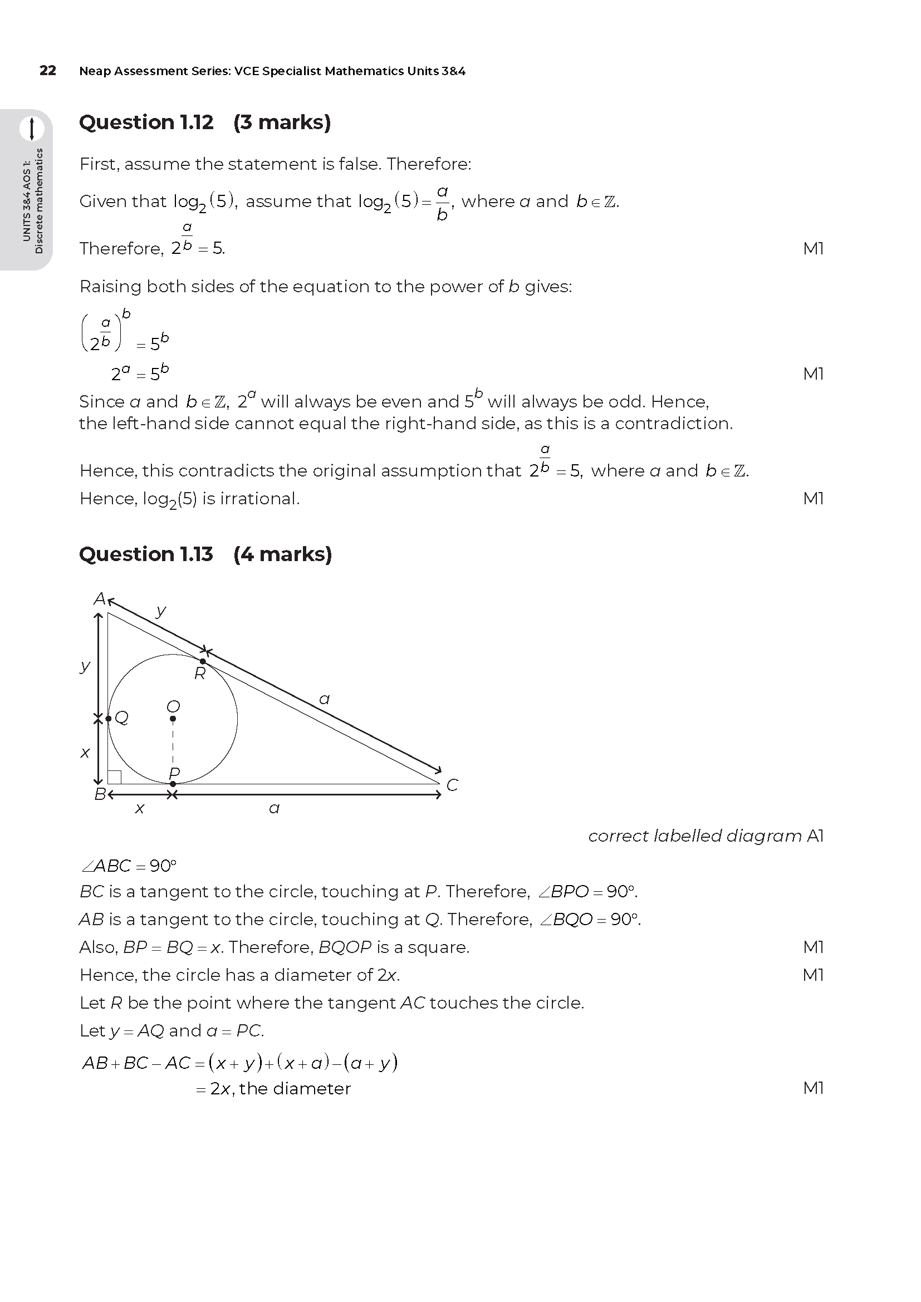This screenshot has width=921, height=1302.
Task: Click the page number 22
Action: (48, 70)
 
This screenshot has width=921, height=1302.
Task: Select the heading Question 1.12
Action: (146, 122)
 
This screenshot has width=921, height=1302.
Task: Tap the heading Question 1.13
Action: (146, 554)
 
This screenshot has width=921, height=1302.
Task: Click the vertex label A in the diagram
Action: (99, 599)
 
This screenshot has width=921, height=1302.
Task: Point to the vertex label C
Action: (452, 785)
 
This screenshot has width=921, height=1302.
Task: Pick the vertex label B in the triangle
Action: (99, 794)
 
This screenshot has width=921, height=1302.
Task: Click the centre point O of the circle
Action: (173, 719)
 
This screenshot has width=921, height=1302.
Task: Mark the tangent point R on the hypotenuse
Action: (203, 661)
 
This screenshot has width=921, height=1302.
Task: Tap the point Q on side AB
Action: (109, 719)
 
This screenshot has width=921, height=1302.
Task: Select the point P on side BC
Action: (173, 784)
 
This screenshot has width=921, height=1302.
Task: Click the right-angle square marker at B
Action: (115, 777)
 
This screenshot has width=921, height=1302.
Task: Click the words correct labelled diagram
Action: (695, 837)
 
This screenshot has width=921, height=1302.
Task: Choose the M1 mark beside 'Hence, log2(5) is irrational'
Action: (813, 498)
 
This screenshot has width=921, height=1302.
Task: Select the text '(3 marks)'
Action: (282, 122)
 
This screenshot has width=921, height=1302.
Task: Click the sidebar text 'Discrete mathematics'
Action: (38, 201)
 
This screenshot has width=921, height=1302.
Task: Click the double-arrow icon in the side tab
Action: (32, 129)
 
